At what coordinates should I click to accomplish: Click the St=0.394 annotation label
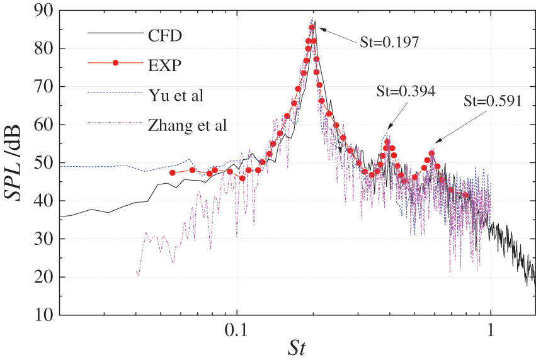point(406,91)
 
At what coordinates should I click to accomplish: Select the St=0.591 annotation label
point(493,101)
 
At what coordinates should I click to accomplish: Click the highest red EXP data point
point(312,27)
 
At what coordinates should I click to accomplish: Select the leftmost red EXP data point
point(173,172)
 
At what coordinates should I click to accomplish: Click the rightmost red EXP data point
point(466,194)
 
